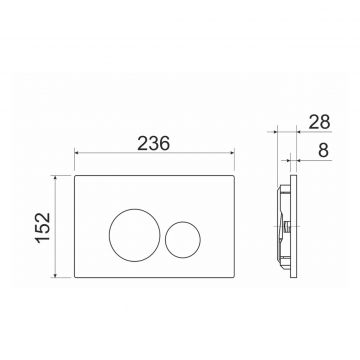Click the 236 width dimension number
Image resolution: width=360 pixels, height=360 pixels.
(x=154, y=143)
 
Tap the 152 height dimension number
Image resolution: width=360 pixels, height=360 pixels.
(x=44, y=228)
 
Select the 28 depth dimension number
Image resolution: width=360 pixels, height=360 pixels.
(x=319, y=122)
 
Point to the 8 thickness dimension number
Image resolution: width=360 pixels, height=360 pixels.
(x=323, y=150)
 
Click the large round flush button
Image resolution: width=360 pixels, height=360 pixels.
(x=135, y=210)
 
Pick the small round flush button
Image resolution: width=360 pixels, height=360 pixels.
(x=183, y=222)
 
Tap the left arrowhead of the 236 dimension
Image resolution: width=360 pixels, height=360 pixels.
(x=76, y=153)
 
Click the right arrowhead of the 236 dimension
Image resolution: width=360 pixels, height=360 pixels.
(x=232, y=153)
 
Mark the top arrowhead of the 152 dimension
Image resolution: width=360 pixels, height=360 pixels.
(x=56, y=178)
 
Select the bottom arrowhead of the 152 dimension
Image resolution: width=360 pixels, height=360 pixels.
(x=56, y=275)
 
